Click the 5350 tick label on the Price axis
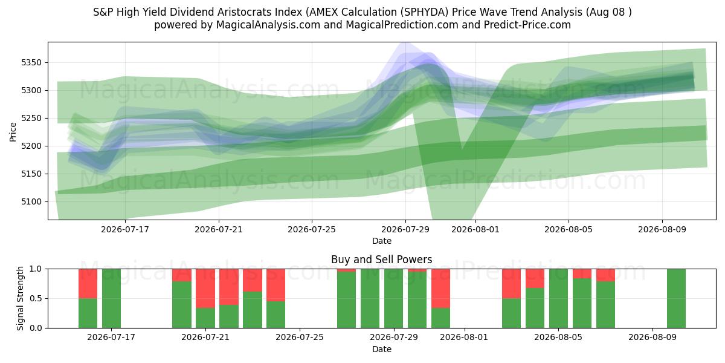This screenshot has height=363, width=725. click(31, 62)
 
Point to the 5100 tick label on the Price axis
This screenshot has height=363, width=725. click(31, 202)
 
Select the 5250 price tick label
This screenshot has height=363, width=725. click(31, 119)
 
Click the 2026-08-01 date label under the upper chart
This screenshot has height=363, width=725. click(475, 230)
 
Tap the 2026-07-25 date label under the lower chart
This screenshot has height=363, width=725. click(300, 338)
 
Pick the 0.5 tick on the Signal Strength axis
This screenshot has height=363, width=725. click(36, 298)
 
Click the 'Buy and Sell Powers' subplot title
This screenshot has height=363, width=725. click(382, 260)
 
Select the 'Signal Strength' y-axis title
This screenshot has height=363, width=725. click(20, 298)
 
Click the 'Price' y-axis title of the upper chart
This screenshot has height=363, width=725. click(13, 132)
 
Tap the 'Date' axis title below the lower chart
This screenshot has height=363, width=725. click(382, 349)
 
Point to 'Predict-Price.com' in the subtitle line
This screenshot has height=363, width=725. click(527, 25)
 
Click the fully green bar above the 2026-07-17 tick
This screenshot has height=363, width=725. click(111, 298)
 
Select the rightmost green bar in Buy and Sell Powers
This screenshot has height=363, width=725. click(676, 298)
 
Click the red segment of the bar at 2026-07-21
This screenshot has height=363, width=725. click(205, 289)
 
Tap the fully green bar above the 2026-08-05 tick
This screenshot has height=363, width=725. click(558, 298)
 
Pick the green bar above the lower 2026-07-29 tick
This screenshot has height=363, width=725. click(393, 298)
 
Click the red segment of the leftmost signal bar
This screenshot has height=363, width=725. click(88, 284)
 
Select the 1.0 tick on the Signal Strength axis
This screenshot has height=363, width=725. click(36, 269)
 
